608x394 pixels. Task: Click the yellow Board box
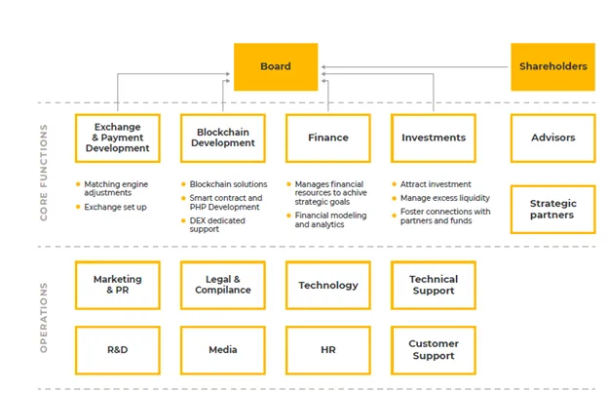pos(276,66)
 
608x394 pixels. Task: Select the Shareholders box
pos(552,66)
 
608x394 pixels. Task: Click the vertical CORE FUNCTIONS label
pos(44,173)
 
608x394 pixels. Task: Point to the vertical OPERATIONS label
pos(44,318)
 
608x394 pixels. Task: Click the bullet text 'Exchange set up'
pos(115,207)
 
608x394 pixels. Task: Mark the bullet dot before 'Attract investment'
pos(395,184)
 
